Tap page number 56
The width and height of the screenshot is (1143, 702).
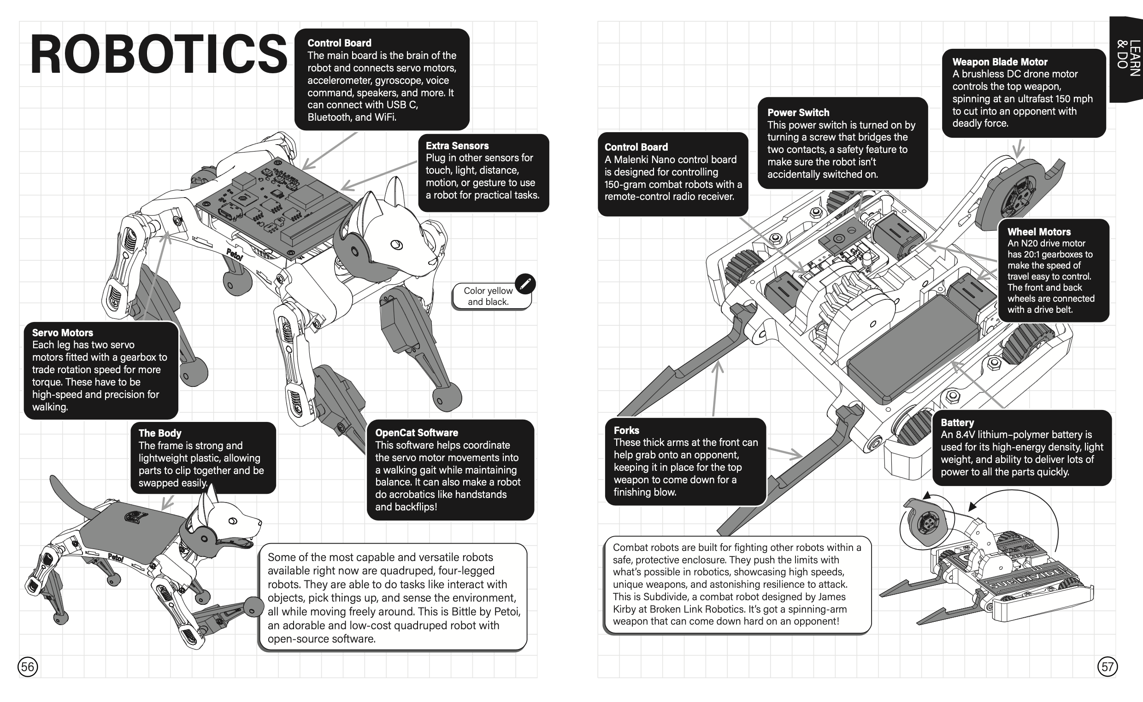(28, 667)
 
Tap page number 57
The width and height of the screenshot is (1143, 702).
(1107, 667)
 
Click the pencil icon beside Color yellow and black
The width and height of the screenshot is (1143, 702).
(525, 284)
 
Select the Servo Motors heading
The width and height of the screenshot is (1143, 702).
(63, 333)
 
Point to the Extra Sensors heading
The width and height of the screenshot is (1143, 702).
(457, 146)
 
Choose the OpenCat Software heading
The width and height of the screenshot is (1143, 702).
(417, 433)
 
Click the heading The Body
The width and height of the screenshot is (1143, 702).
(160, 433)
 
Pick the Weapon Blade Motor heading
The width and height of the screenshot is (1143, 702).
(1000, 62)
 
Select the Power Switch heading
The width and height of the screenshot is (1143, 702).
(798, 113)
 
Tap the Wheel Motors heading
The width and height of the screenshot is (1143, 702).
(1039, 232)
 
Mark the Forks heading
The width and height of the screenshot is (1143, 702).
(626, 430)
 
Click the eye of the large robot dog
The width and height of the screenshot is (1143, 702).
(396, 245)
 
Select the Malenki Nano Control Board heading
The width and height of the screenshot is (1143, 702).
(636, 147)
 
